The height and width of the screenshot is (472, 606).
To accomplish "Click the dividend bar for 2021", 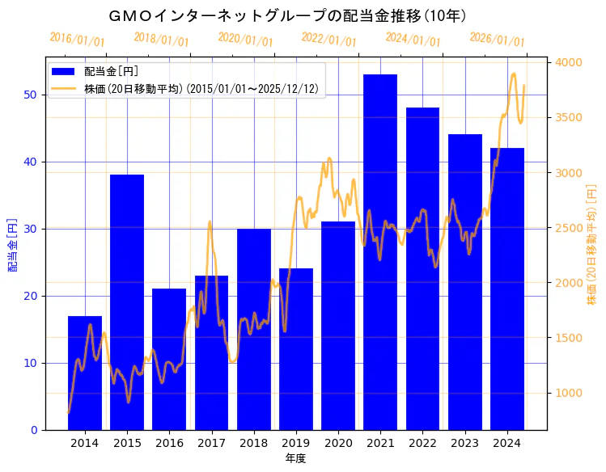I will [380, 251].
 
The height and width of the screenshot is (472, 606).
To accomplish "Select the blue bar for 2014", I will [85, 373].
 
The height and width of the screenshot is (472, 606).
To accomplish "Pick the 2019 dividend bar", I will [296, 348].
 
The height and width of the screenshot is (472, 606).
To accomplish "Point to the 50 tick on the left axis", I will [30, 95].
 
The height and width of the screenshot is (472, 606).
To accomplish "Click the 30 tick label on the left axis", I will [30, 229].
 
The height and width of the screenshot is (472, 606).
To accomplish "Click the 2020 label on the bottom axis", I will [338, 443].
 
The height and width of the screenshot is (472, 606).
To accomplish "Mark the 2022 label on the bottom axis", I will [422, 443].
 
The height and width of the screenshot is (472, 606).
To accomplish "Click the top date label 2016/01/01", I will [77, 40].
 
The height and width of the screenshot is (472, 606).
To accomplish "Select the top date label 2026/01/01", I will [497, 40].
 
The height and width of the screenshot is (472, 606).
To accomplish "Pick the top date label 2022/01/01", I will [328, 40].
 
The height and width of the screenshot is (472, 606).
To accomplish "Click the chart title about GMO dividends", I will [288, 15].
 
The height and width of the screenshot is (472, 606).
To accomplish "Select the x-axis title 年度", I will [295, 458].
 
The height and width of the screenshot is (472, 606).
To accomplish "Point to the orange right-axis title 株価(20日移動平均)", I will [591, 243].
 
